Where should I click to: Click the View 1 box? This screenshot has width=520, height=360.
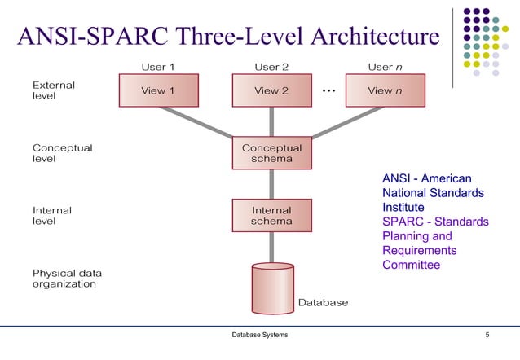(158, 90)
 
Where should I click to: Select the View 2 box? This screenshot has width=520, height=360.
(271, 90)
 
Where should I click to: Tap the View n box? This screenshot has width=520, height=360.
(385, 90)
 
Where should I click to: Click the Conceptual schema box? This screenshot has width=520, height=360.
(271, 153)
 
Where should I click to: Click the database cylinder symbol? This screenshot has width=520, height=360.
(271, 287)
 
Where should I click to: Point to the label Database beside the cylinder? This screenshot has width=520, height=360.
(323, 302)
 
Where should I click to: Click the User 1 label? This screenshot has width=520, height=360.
(158, 65)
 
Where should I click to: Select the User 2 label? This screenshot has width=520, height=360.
(271, 65)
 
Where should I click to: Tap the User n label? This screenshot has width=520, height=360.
(385, 65)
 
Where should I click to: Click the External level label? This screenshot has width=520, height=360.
(52, 90)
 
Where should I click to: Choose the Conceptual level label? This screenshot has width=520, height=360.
(62, 153)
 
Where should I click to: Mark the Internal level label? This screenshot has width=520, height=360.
(52, 216)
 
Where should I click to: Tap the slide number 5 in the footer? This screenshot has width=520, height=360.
(487, 336)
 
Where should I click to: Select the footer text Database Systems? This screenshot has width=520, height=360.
(259, 336)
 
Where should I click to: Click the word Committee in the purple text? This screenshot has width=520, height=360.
(411, 265)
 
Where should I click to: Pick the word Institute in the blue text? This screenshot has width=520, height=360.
(403, 208)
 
